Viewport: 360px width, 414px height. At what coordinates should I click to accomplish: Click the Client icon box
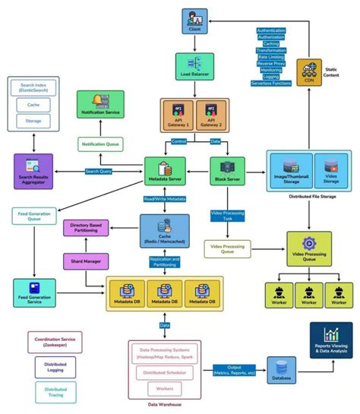click(194, 21)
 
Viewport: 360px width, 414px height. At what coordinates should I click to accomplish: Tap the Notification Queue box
click(100, 144)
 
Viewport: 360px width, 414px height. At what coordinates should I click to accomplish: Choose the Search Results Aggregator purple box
click(34, 171)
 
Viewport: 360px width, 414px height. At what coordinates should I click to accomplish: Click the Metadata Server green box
click(165, 172)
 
